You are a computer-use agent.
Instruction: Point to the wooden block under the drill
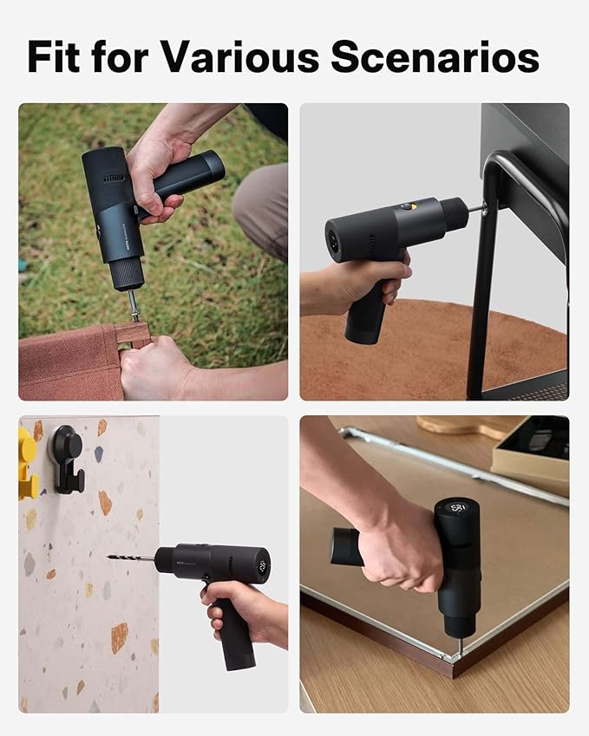[x=133, y=333]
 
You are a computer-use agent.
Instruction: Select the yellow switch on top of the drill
[x=406, y=207]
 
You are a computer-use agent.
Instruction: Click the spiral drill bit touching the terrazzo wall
[x=130, y=558]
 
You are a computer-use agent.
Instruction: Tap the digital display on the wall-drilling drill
[x=260, y=569]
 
